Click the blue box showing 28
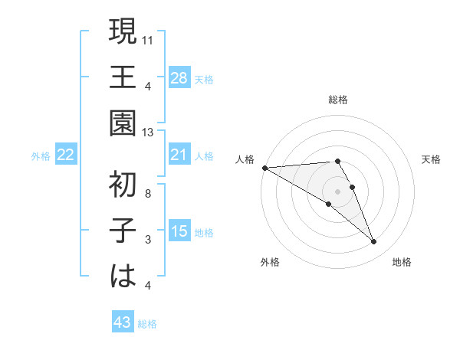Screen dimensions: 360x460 (179, 77)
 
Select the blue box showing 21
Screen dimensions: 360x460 (179, 155)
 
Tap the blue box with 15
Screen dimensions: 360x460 (179, 231)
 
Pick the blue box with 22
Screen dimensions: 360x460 (66, 155)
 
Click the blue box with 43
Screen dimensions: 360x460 (123, 322)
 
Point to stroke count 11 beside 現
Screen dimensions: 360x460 (149, 40)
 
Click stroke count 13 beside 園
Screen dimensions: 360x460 (149, 133)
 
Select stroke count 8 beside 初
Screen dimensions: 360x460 (148, 193)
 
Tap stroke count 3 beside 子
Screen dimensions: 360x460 (148, 240)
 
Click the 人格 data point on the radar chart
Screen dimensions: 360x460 (264, 168)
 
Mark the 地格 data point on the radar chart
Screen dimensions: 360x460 (373, 242)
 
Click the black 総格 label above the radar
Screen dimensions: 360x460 (338, 100)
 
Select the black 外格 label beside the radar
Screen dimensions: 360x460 (270, 262)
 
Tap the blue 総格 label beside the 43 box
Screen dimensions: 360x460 (147, 324)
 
